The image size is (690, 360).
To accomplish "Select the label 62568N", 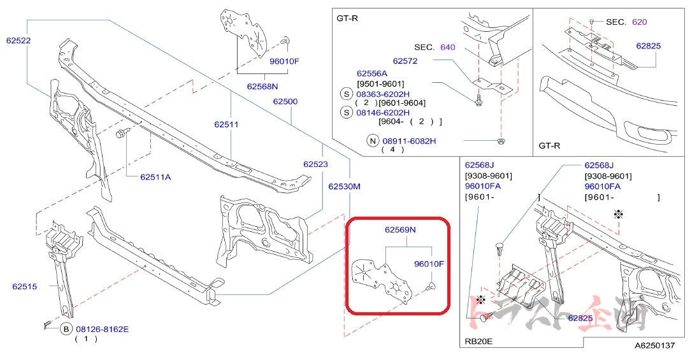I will tap(263, 86).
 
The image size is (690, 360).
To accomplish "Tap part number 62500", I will tap(285, 101).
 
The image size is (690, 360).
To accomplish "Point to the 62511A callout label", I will tap(155, 176).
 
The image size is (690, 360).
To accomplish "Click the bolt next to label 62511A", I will tap(122, 133).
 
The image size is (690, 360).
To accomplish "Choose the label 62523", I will tap(315, 164).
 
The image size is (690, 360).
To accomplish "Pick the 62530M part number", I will tap(344, 187).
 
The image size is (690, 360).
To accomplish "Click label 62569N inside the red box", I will tap(400, 229).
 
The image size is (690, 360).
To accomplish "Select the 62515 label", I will tap(25, 286).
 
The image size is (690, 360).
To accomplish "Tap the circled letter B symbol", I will tap(66, 329).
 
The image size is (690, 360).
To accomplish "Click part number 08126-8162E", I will tap(102, 329).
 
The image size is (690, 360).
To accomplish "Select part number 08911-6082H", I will tap(409, 141).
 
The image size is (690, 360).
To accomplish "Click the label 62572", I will tap(405, 61).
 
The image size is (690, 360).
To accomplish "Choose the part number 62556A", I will tap(372, 73).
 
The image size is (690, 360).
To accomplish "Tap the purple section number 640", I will tap(447, 47).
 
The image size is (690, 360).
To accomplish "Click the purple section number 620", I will tap(639, 22).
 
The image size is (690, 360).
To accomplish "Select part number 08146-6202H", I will tap(383, 112).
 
